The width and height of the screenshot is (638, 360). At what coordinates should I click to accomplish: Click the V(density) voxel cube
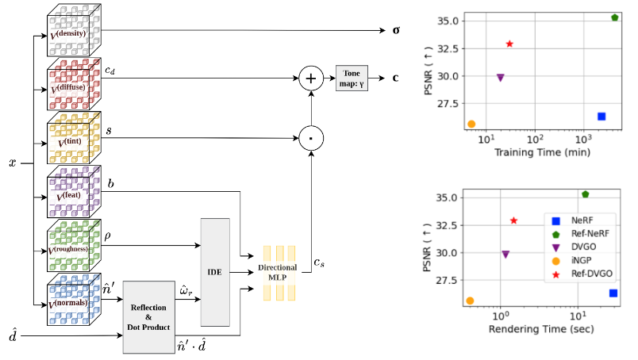[x=73, y=32]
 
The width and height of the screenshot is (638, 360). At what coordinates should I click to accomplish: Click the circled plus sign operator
[x=309, y=78]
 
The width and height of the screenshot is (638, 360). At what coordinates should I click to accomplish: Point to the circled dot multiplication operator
[x=309, y=138]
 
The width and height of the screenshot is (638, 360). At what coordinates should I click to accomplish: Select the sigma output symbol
[x=395, y=31]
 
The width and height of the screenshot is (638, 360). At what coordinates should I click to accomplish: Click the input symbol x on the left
[x=12, y=163]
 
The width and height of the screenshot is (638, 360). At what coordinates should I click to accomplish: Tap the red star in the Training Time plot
[x=509, y=44]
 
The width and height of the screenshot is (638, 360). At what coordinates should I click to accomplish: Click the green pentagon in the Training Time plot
[x=615, y=17]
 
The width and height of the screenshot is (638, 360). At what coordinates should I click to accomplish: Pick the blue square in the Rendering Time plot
[x=613, y=293]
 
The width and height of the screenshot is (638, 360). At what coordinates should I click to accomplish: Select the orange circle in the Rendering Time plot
[x=471, y=301]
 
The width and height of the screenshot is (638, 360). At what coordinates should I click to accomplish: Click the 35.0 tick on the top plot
[x=447, y=21]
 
